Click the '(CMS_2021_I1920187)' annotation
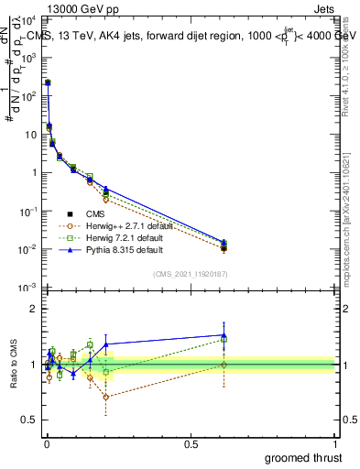[191, 273]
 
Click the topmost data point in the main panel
[48, 82]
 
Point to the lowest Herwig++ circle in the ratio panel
[106, 397]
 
